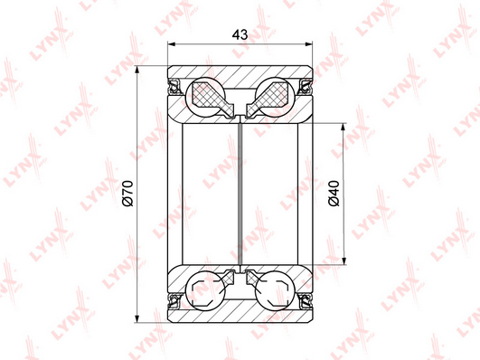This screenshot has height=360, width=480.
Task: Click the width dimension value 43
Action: [x=240, y=34]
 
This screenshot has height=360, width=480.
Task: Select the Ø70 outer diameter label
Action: [x=127, y=194]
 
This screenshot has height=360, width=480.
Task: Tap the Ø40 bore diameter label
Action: [x=334, y=194]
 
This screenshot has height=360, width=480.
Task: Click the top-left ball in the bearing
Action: [x=206, y=97]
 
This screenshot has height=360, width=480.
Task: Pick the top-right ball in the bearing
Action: [x=275, y=97]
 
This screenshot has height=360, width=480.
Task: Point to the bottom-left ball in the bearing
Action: [x=206, y=290]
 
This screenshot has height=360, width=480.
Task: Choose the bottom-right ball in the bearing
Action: [x=275, y=290]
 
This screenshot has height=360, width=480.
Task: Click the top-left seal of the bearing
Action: [x=174, y=87]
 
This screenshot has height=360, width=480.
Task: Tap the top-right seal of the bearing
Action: [x=306, y=87]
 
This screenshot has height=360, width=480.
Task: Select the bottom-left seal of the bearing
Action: [x=174, y=301]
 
